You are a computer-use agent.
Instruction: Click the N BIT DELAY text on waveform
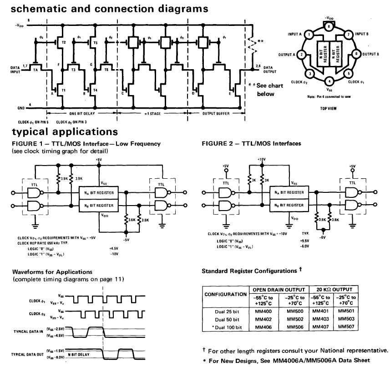click(79, 353)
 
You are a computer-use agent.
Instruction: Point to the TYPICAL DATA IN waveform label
click(28, 332)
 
